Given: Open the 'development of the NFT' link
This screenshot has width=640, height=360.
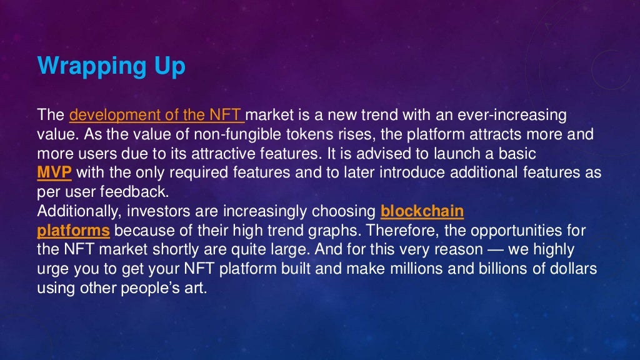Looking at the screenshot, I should (157, 115).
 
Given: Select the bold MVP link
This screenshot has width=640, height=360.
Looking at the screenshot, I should (54, 173).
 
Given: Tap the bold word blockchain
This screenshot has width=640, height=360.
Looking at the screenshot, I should (422, 211).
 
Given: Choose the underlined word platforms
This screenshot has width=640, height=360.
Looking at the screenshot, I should (74, 231).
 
